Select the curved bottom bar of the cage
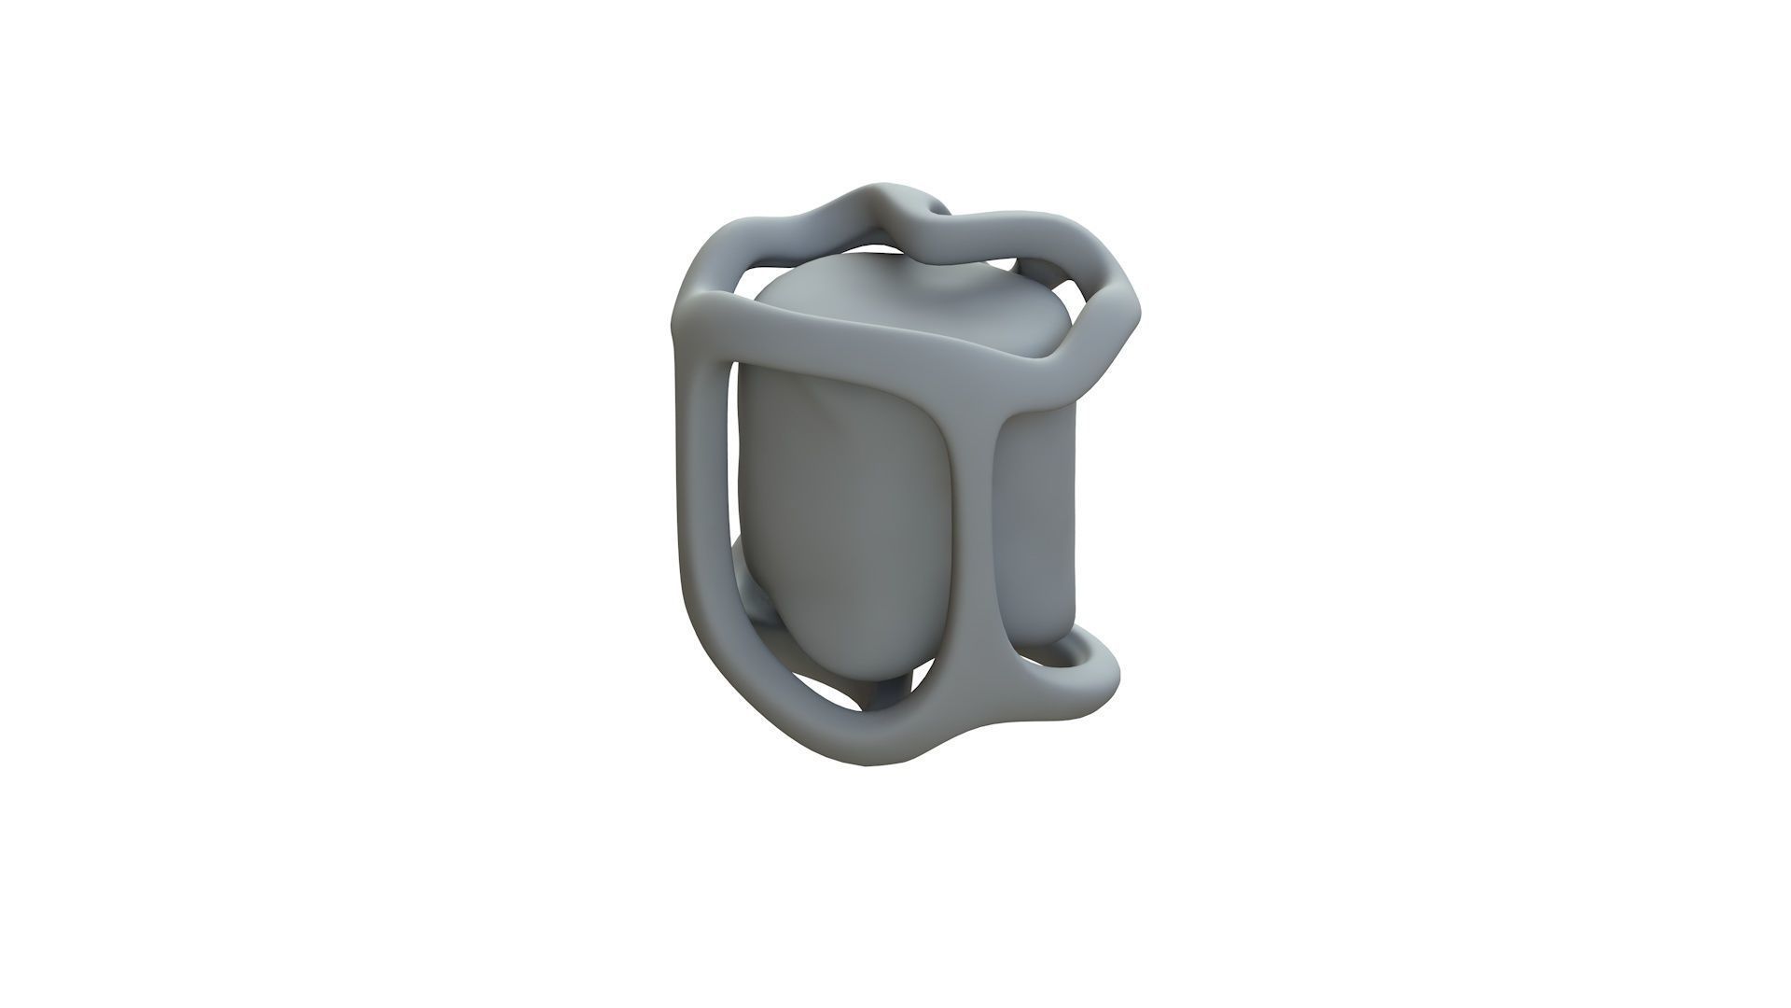840,737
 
